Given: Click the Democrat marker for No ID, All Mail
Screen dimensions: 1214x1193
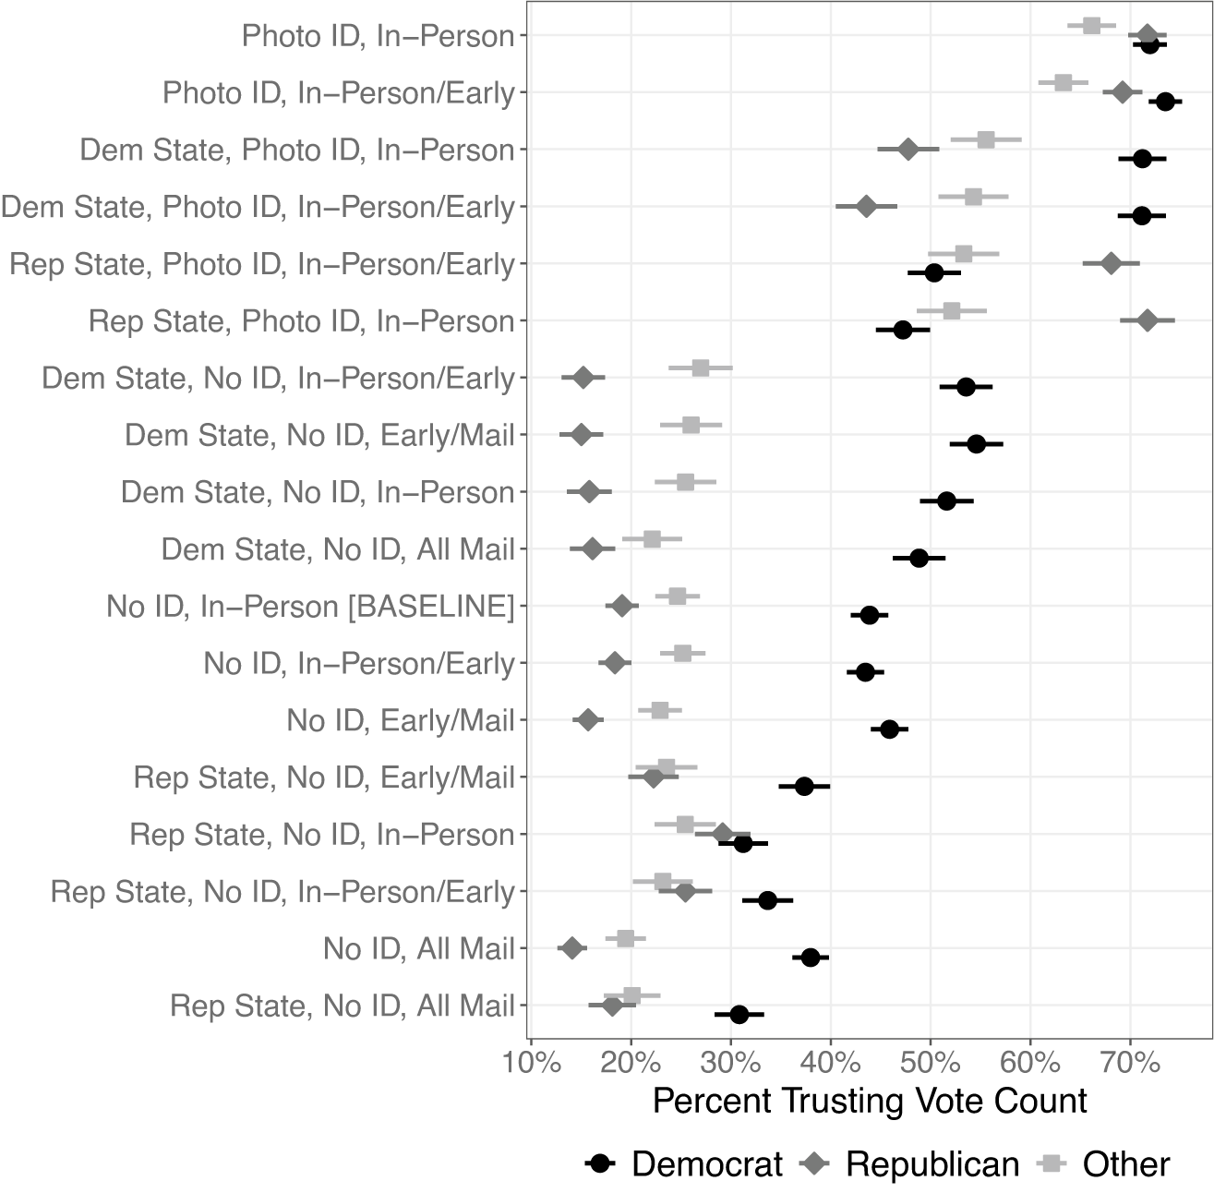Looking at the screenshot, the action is click(811, 958).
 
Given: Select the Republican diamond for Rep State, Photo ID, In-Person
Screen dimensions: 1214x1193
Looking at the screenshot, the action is click(1148, 320).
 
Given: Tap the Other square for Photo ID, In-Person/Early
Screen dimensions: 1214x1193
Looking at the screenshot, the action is click(1064, 82).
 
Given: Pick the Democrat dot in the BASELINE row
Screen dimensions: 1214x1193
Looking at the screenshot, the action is click(869, 615).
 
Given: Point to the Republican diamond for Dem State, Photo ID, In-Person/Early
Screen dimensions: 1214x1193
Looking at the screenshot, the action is click(866, 206).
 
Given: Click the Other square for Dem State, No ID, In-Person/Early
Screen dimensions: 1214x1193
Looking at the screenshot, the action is click(701, 368).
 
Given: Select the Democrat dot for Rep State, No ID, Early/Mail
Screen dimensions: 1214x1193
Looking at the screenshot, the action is click(804, 787).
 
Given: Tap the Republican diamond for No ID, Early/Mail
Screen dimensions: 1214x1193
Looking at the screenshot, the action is click(588, 719).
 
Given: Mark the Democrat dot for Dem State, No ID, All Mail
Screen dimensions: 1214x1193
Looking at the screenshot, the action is click(919, 558).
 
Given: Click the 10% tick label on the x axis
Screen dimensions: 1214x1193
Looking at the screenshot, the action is click(532, 1063).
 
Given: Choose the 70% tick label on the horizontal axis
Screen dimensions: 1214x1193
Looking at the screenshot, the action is click(1130, 1063).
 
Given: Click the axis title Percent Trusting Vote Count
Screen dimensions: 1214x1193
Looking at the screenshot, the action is click(870, 1102).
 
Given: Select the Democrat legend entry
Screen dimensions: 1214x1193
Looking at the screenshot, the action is click(684, 1164).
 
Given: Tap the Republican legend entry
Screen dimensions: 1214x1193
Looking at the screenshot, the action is click(909, 1164).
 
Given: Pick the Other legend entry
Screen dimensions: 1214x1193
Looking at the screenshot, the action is click(1103, 1164).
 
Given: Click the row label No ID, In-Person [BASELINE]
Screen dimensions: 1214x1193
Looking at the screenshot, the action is click(310, 607).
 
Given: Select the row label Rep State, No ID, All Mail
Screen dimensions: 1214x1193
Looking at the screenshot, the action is click(343, 1006).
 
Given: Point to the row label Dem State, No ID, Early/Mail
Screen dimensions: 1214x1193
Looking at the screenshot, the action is click(320, 435).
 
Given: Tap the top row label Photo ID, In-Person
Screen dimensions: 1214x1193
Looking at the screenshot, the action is click(379, 36).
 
